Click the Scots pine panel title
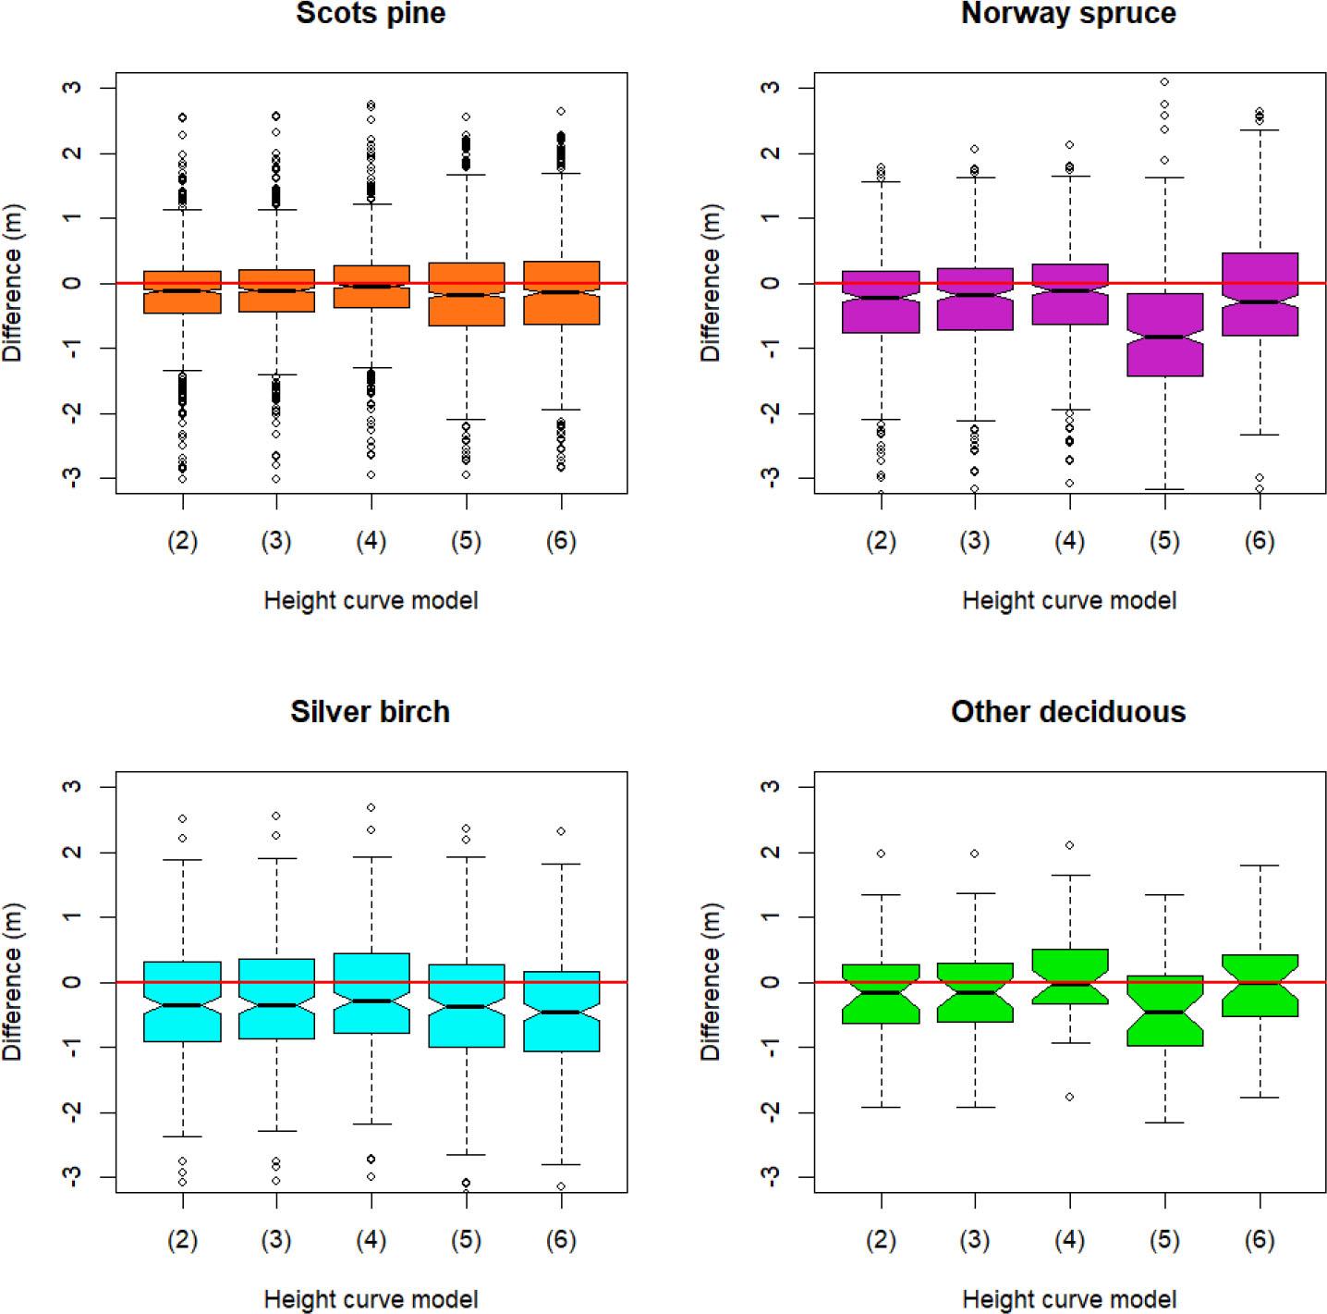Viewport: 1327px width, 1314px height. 371,14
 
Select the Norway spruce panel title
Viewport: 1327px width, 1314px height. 1068,14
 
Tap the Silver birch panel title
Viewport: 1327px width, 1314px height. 370,711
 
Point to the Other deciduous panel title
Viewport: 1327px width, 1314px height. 1068,711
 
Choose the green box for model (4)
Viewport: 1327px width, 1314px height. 1069,966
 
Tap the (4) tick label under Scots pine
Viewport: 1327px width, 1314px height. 371,541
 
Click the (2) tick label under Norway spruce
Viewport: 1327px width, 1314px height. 881,541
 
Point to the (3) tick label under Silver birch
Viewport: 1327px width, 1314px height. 276,1240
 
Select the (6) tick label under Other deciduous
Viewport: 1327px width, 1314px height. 1260,1240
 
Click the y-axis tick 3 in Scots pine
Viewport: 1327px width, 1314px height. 74,88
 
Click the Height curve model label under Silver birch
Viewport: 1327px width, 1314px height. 371,1299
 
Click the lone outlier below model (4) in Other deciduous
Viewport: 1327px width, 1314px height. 1069,1097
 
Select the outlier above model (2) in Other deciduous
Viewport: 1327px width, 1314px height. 881,853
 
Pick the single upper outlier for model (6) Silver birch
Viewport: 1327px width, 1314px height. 561,831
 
